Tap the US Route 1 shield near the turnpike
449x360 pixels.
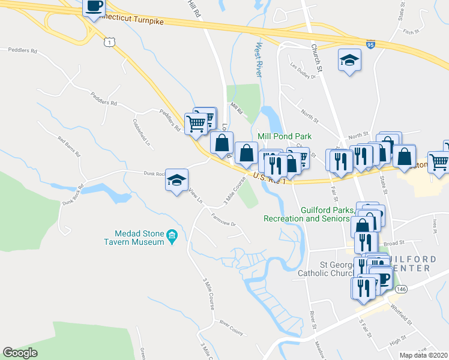click(x=108, y=41)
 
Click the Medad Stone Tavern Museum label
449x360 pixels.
click(x=139, y=238)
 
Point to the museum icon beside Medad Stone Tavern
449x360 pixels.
click(x=172, y=234)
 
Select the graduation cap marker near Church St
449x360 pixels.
click(x=349, y=60)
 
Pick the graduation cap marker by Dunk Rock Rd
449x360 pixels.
click(x=176, y=180)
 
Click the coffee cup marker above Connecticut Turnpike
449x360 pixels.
click(x=94, y=7)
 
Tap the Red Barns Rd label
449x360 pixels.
click(x=69, y=146)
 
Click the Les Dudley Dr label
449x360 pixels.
click(x=303, y=71)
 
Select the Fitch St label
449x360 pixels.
click(x=410, y=32)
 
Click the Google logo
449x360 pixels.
click(x=20, y=352)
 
